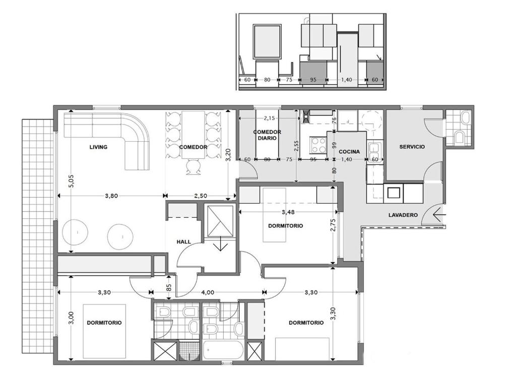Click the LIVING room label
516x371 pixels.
pyautogui.click(x=98, y=147)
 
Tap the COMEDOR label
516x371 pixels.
pyautogui.click(x=193, y=147)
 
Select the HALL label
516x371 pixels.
pyautogui.click(x=183, y=241)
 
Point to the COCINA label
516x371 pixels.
pyautogui.click(x=349, y=152)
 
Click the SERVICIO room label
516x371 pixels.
pyautogui.click(x=412, y=147)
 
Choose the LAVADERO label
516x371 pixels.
pyautogui.click(x=403, y=215)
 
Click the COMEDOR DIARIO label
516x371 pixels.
pyautogui.click(x=267, y=135)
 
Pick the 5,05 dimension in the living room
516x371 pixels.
pyautogui.click(x=72, y=181)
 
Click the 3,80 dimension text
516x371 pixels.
pyautogui.click(x=111, y=196)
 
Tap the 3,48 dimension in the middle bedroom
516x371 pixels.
pyautogui.click(x=288, y=212)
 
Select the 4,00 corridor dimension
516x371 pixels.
pyautogui.click(x=208, y=292)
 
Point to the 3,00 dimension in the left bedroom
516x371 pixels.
pyautogui.click(x=72, y=318)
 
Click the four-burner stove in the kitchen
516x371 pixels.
pyautogui.click(x=318, y=145)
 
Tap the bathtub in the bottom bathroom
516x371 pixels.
pyautogui.click(x=223, y=351)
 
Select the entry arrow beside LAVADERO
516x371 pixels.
pyautogui.click(x=439, y=215)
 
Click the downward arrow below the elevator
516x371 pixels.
pyautogui.click(x=220, y=245)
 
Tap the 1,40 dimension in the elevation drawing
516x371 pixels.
pyautogui.click(x=347, y=80)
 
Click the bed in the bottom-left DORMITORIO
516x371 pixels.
pyautogui.click(x=104, y=331)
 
